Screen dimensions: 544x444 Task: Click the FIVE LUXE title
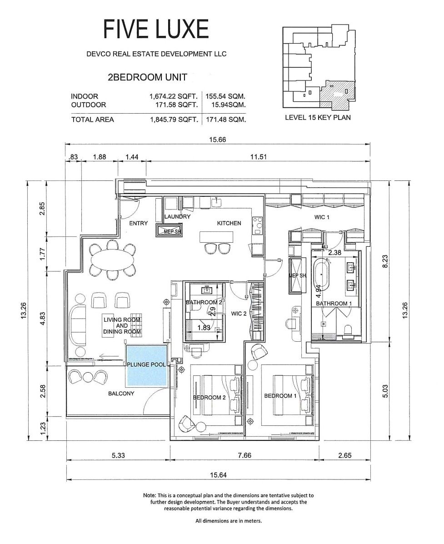156,30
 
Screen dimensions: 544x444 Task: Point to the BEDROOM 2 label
209,397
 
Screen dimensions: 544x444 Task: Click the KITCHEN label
229,223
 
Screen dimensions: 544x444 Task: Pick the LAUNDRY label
177,217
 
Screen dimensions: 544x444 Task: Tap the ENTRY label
138,223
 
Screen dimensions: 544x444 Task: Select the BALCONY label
121,394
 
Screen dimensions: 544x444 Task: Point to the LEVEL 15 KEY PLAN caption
318,117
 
